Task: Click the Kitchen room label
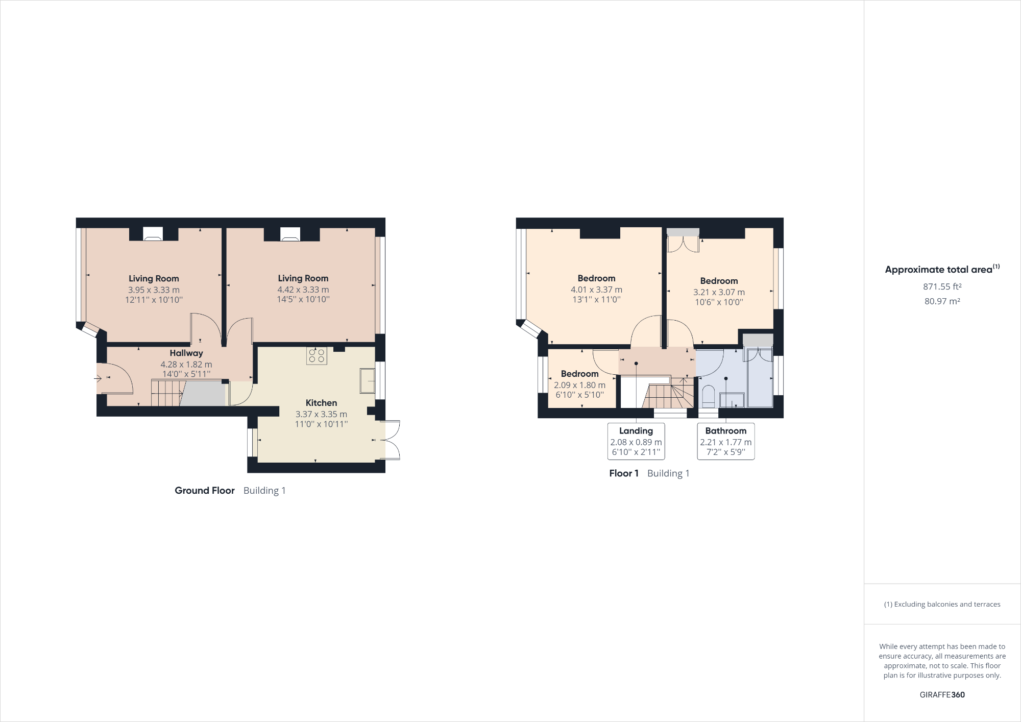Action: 321,403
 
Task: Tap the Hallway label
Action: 186,353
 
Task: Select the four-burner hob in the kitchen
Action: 317,355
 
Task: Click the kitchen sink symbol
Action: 367,380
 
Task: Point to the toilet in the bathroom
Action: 708,395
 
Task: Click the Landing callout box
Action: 636,441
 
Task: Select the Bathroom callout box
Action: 725,441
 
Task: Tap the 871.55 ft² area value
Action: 942,286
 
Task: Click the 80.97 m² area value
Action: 942,301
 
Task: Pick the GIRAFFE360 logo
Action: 942,694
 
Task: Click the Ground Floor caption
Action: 205,490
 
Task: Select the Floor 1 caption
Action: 624,473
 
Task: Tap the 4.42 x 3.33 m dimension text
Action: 303,290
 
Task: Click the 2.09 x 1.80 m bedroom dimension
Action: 579,385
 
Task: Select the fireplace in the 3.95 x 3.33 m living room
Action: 153,234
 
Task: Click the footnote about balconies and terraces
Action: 942,604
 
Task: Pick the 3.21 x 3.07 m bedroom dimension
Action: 719,292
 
